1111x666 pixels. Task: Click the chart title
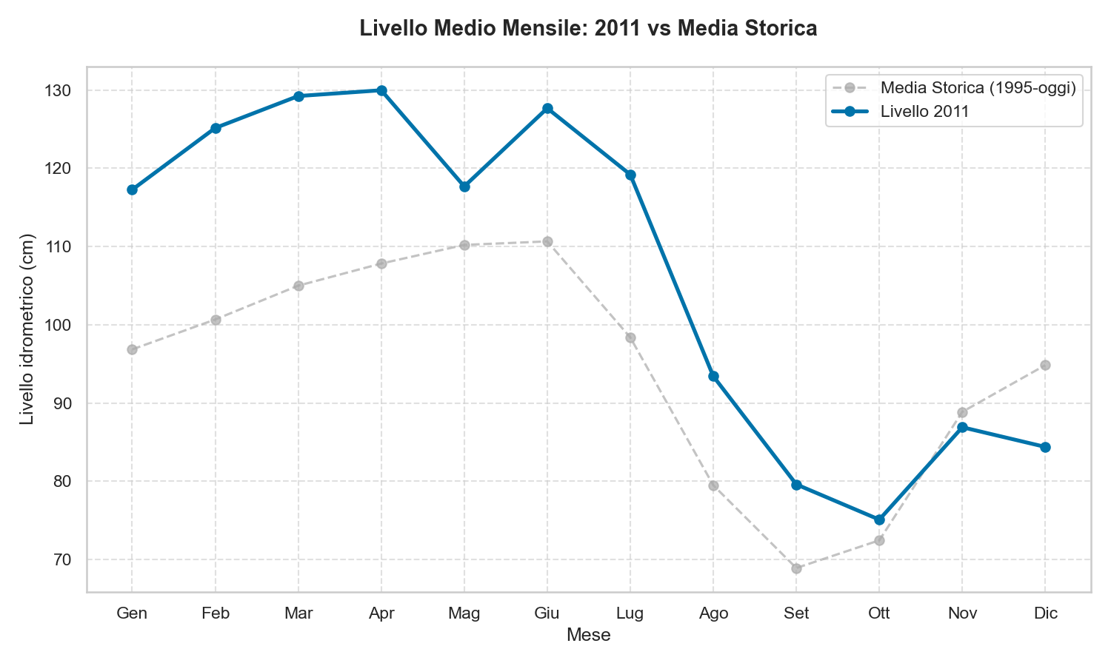588,29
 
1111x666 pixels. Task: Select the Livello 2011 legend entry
925,112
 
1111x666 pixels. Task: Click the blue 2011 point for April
381,90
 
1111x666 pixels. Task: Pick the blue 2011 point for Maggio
464,186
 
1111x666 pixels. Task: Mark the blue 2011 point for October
879,519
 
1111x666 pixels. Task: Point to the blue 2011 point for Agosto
713,376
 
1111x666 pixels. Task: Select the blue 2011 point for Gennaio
132,189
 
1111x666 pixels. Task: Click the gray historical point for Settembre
796,568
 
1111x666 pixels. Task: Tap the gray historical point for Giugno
547,241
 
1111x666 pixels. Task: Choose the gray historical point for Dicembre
1045,365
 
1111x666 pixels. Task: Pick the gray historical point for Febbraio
216,320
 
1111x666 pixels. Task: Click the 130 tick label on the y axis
61,90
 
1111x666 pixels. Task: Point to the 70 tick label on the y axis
64,559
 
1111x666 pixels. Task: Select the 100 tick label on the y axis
61,325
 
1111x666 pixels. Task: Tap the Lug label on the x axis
630,613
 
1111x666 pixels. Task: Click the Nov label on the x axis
962,613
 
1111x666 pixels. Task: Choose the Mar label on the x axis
298,613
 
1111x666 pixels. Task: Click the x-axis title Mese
588,635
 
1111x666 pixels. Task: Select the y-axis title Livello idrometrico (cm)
27,329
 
